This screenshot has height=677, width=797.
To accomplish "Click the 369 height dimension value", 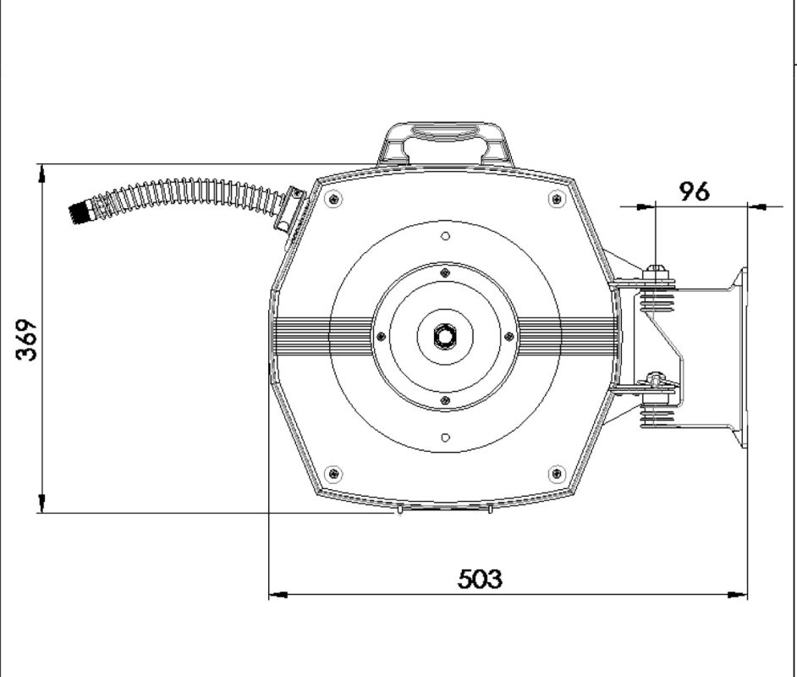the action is tap(26, 339).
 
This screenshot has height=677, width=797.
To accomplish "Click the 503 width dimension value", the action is tap(480, 579).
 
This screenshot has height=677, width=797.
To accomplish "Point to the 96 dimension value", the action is tap(695, 191).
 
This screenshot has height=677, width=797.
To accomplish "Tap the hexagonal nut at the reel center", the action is tap(445, 336).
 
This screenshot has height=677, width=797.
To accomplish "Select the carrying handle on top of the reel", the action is tap(446, 143).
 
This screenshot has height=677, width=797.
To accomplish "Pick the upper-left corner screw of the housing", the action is tap(333, 198).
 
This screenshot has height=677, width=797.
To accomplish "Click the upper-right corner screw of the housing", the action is tap(557, 198).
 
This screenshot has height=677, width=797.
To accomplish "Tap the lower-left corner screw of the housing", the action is tap(333, 474).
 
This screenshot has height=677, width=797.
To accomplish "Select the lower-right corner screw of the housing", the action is tap(557, 474).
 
